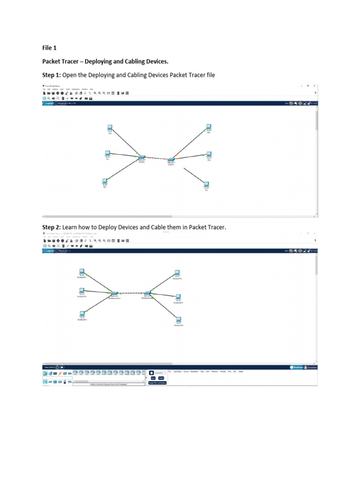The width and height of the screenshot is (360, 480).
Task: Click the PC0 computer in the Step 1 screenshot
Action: [x=110, y=127]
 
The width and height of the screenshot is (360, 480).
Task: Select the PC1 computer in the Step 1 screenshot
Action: [x=107, y=153]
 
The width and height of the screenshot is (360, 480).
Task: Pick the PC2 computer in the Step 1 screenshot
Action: [x=105, y=181]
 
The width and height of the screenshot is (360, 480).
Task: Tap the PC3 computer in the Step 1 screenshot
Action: [x=209, y=127]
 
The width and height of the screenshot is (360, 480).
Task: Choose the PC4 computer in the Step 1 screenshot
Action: [x=209, y=154]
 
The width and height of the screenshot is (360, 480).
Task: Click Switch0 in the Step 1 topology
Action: [x=141, y=157]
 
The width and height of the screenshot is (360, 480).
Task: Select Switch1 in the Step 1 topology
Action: [x=171, y=160]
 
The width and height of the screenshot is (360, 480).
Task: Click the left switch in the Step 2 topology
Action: [x=112, y=293]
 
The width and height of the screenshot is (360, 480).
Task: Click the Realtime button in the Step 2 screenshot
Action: [x=297, y=367]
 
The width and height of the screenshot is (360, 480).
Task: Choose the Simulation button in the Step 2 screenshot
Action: [x=311, y=367]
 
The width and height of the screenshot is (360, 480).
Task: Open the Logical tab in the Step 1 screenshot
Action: [x=50, y=103]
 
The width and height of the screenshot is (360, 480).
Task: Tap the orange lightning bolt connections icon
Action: [x=60, y=374]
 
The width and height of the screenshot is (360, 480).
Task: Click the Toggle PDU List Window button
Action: [x=157, y=382]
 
